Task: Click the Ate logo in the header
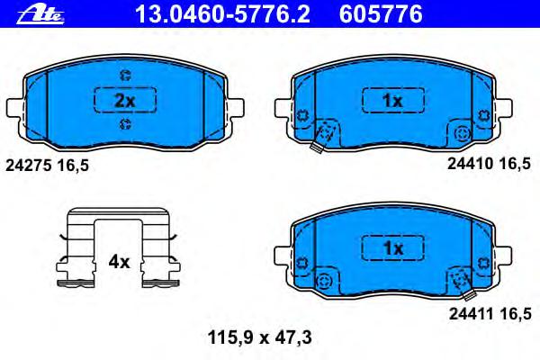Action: point(40,14)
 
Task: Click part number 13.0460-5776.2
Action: point(223,14)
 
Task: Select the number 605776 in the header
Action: point(381,14)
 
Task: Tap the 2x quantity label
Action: point(125,101)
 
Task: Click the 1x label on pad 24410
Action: point(392,101)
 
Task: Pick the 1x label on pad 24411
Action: point(392,248)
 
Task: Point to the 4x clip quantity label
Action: point(119,262)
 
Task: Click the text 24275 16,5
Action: point(47,166)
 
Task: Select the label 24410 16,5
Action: point(489,164)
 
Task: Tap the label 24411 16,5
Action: point(490,314)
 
